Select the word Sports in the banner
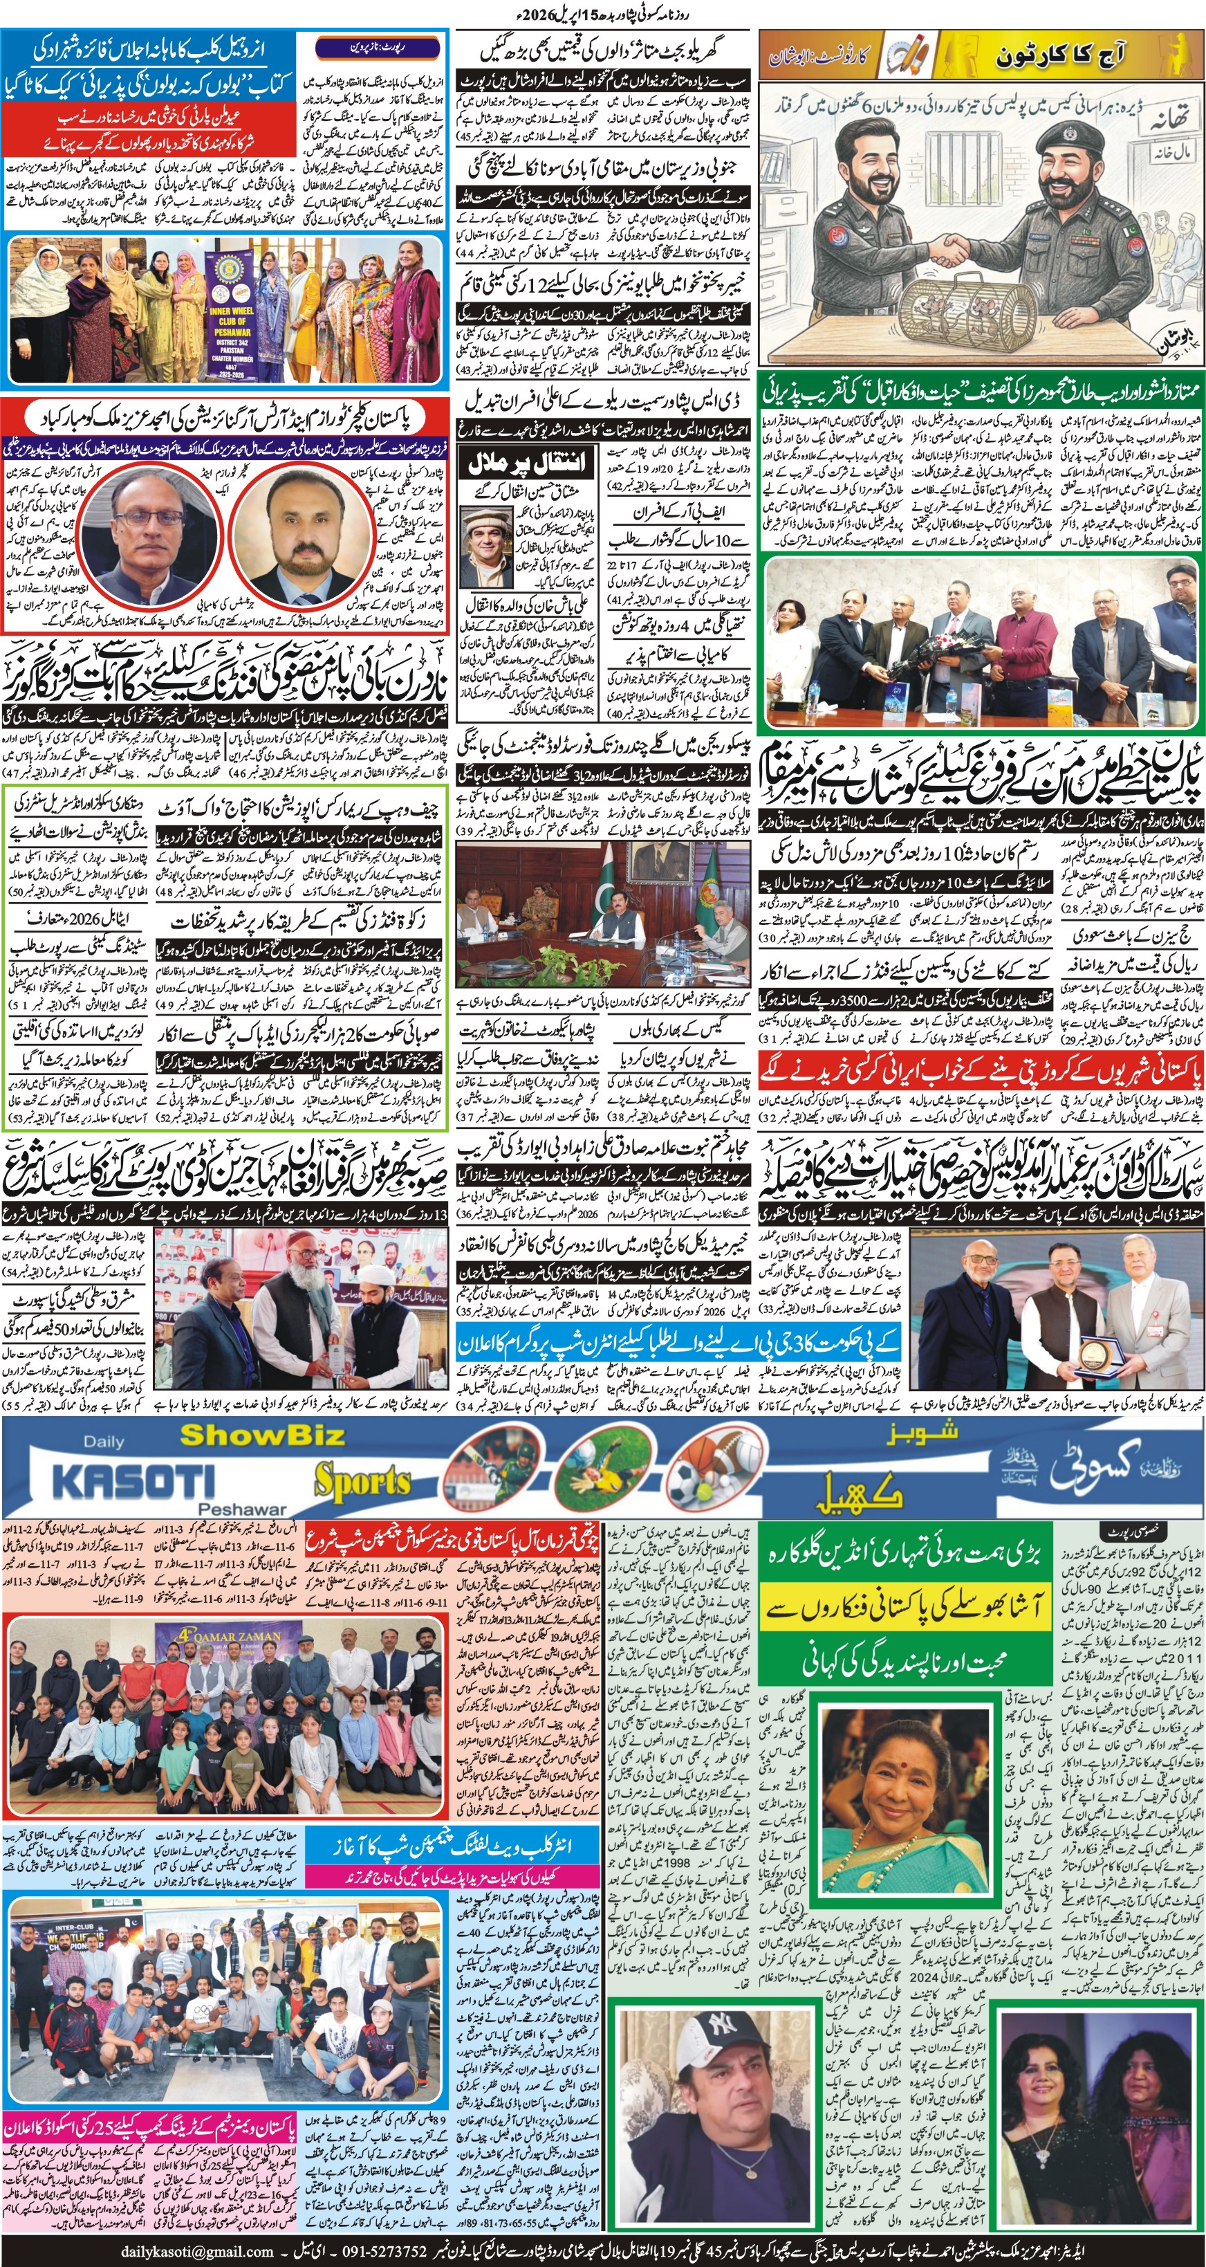coord(362,1482)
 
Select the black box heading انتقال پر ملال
coord(526,462)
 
